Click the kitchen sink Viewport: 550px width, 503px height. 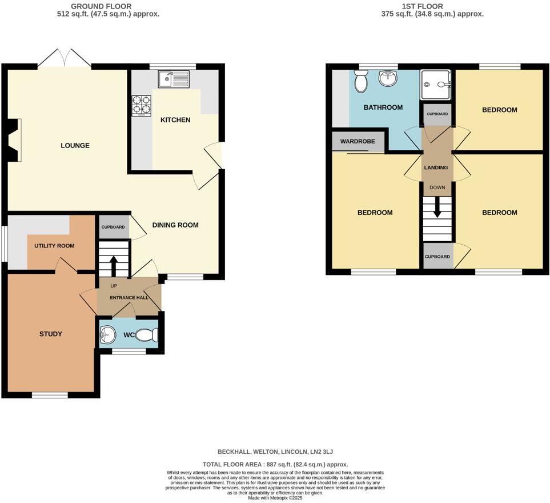tap(174, 79)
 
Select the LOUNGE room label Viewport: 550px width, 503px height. tap(75, 146)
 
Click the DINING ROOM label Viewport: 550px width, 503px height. tap(175, 225)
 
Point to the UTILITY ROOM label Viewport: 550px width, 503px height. tap(54, 246)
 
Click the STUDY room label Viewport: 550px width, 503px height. tap(50, 334)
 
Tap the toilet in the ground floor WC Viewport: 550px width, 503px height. tap(150, 335)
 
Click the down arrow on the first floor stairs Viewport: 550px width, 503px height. tap(437, 207)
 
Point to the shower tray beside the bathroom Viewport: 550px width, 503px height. tap(435, 85)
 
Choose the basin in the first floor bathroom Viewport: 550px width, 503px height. tap(388, 78)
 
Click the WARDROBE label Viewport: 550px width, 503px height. tap(358, 141)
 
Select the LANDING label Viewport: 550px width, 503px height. tap(436, 167)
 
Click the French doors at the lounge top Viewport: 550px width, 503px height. tap(65, 58)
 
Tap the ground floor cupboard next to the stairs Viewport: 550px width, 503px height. tap(113, 227)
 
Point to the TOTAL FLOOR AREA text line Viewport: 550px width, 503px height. tap(275, 465)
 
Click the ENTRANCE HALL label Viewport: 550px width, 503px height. tap(129, 298)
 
